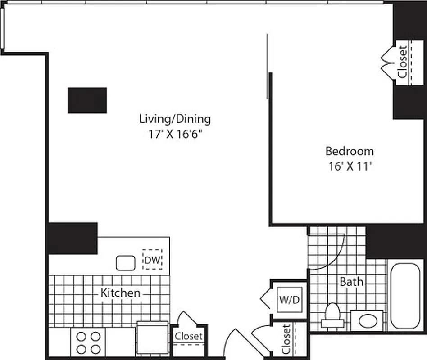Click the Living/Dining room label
(175, 119)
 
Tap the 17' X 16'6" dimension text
(175, 134)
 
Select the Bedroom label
(350, 151)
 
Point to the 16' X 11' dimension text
(350, 166)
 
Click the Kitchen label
(120, 293)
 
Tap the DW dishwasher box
(153, 260)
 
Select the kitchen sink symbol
(126, 263)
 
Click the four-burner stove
(88, 342)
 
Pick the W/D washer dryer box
(289, 299)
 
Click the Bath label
(351, 282)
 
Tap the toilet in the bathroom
(332, 315)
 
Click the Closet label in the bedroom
(402, 62)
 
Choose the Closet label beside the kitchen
(189, 336)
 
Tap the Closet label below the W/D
(286, 339)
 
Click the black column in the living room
(87, 100)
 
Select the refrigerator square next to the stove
(152, 338)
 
